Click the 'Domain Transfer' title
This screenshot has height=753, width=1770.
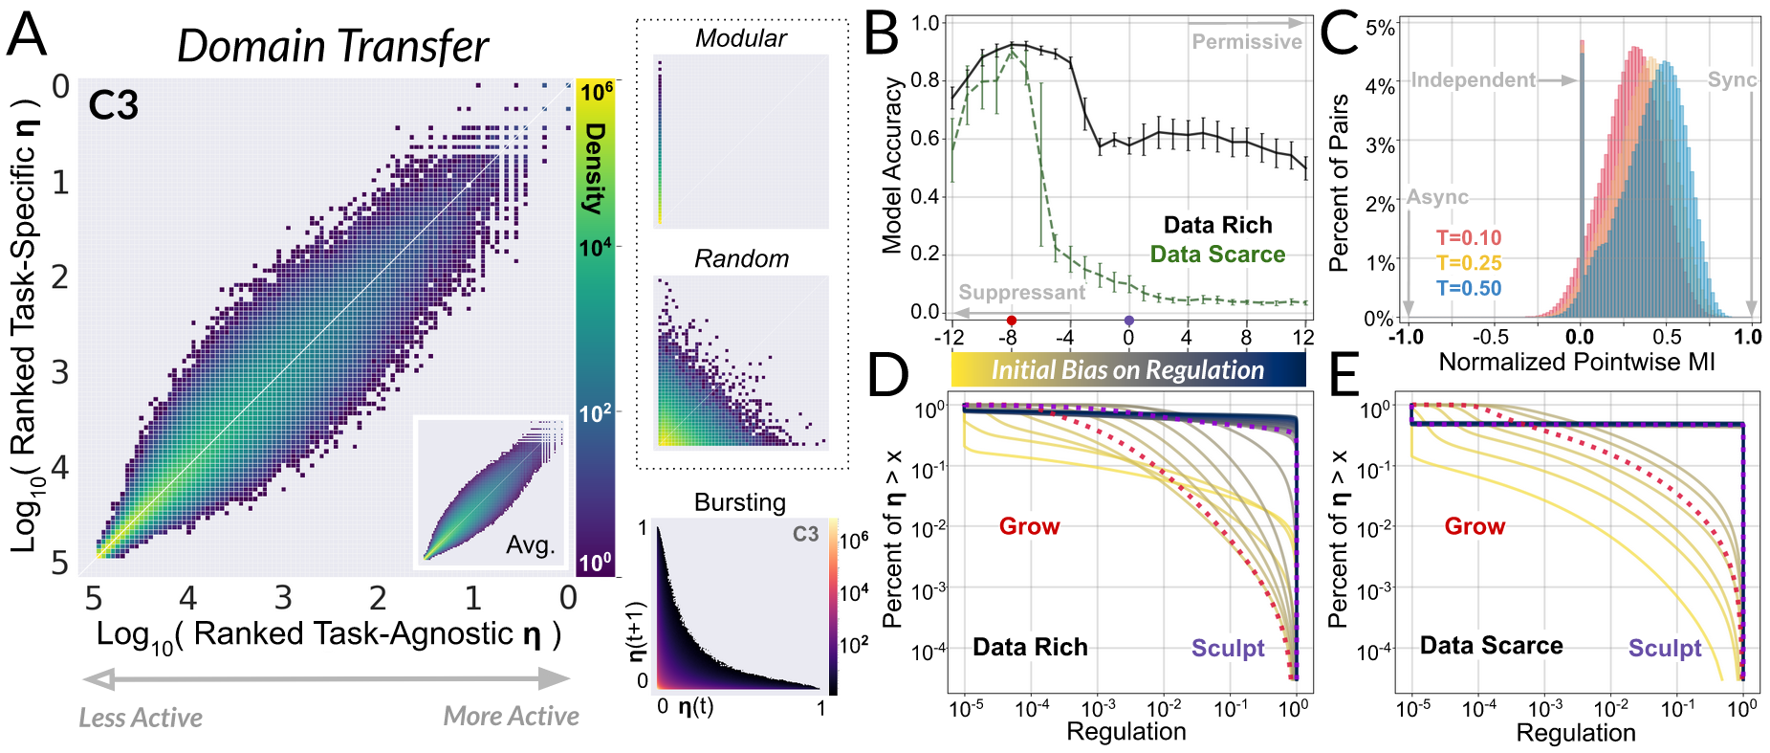pyautogui.click(x=332, y=46)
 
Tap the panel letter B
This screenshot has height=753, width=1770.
pyautogui.click(x=881, y=34)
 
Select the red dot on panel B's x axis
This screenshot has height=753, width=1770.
pyautogui.click(x=1012, y=321)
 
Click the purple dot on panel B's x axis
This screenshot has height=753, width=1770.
pyautogui.click(x=1129, y=321)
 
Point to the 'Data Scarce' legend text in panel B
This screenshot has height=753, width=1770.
pyautogui.click(x=1217, y=255)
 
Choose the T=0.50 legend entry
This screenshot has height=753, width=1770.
pyautogui.click(x=1469, y=289)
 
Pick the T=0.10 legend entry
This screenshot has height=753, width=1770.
pyautogui.click(x=1469, y=238)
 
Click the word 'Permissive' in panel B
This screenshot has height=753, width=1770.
pyautogui.click(x=1246, y=42)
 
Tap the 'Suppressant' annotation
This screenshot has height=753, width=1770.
pyautogui.click(x=1021, y=293)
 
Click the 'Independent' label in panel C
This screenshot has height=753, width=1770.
pyautogui.click(x=1473, y=80)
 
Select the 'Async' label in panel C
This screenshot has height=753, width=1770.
pyautogui.click(x=1437, y=198)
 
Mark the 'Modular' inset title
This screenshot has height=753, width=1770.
pyautogui.click(x=741, y=38)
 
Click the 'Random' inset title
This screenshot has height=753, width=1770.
pyautogui.click(x=741, y=259)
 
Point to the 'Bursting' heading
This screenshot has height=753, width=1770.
pyautogui.click(x=740, y=502)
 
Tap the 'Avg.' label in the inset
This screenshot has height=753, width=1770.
pyautogui.click(x=530, y=545)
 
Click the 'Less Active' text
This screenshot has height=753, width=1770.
pyautogui.click(x=141, y=718)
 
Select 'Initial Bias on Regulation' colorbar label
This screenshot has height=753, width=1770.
pyautogui.click(x=1127, y=370)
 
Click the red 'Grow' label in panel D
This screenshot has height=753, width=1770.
pyautogui.click(x=1029, y=526)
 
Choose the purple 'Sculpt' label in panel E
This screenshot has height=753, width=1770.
pyautogui.click(x=1665, y=649)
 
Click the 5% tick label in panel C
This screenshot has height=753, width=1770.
pyautogui.click(x=1380, y=28)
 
